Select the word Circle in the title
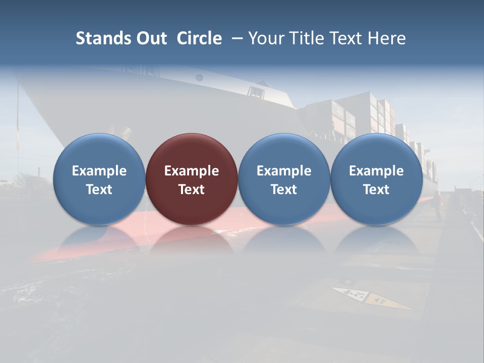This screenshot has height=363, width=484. point(199,38)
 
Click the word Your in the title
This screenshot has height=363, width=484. point(266,38)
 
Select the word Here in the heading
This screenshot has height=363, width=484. point(387,38)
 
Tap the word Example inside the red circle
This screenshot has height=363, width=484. point(192,171)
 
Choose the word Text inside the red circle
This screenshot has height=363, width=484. point(192,190)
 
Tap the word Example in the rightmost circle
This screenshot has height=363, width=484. point(376,171)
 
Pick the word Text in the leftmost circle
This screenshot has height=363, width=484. point(99,190)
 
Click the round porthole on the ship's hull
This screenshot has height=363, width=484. point(199,77)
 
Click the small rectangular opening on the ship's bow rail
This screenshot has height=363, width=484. point(256,92)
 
